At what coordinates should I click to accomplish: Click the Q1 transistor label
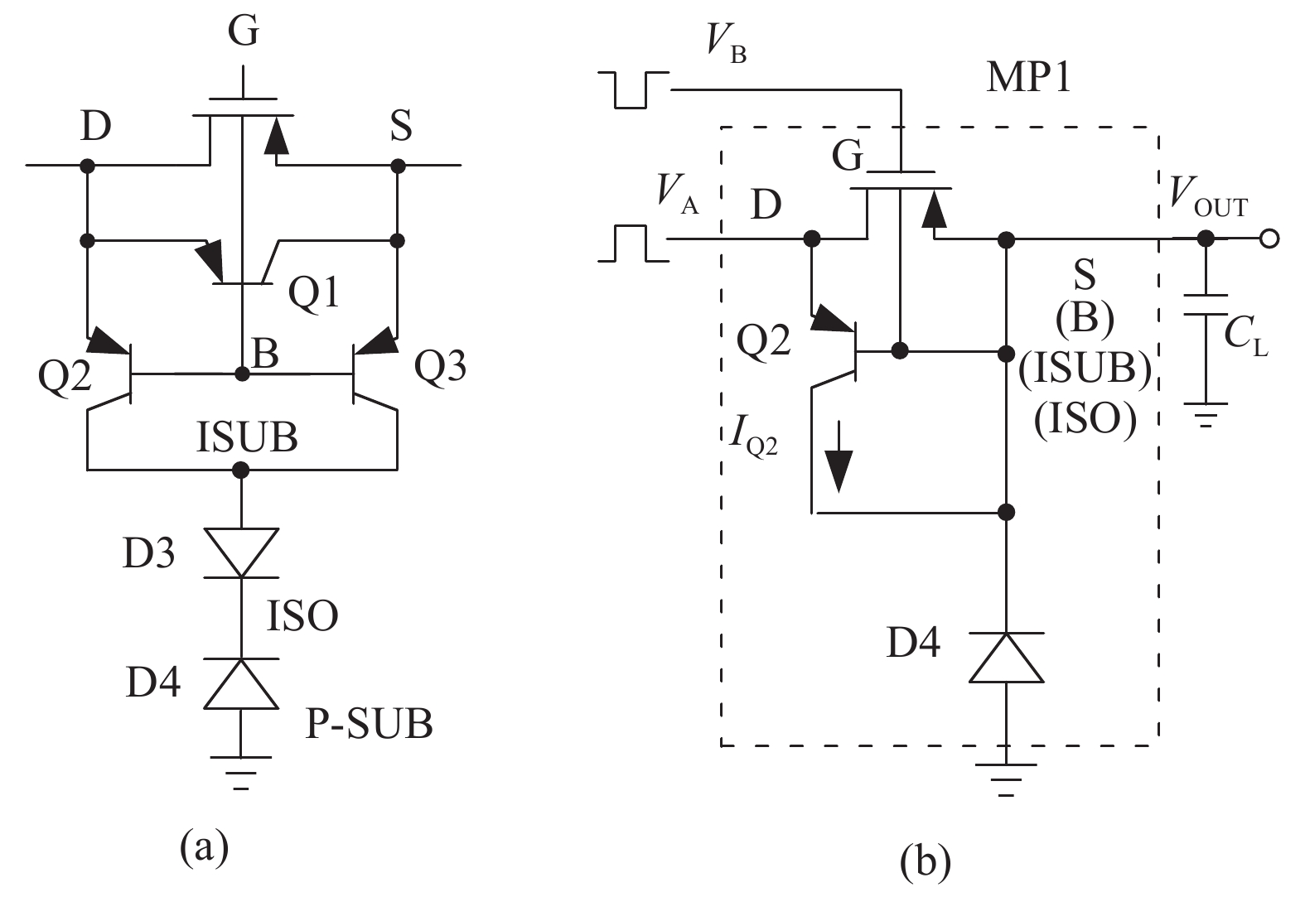[314, 292]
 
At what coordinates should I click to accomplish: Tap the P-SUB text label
[370, 724]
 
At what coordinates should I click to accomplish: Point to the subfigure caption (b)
[925, 861]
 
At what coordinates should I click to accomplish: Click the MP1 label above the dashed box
[1029, 78]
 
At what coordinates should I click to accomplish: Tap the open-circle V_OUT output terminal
[1269, 239]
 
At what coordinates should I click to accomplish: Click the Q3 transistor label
[439, 365]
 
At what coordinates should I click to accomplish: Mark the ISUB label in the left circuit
[247, 436]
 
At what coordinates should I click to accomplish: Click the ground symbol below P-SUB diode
[241, 770]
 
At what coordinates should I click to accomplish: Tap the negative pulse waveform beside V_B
[631, 89]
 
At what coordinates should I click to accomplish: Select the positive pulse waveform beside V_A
[631, 244]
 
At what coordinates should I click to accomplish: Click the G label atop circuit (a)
[244, 33]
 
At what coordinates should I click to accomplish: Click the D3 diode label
[149, 553]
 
